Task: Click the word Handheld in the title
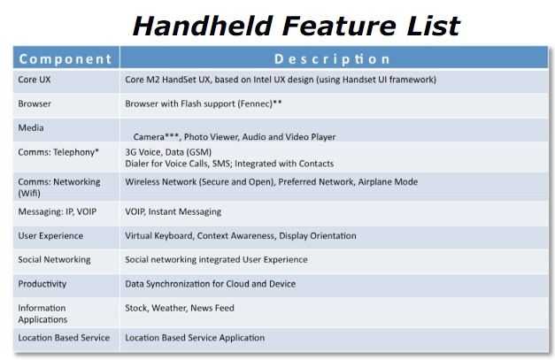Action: click(x=202, y=26)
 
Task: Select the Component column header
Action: click(x=66, y=58)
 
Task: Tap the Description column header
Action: click(x=332, y=59)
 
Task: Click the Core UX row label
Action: click(x=35, y=80)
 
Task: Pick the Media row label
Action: click(x=31, y=127)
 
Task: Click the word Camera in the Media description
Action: click(x=149, y=136)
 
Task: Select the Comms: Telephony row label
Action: click(x=58, y=152)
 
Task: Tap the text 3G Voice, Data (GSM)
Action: click(x=168, y=152)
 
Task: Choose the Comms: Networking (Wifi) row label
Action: click(x=59, y=188)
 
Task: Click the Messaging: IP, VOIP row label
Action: click(x=58, y=211)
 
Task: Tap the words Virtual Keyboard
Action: click(x=159, y=236)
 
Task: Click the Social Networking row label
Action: click(x=54, y=259)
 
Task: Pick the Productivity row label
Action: click(x=42, y=284)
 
